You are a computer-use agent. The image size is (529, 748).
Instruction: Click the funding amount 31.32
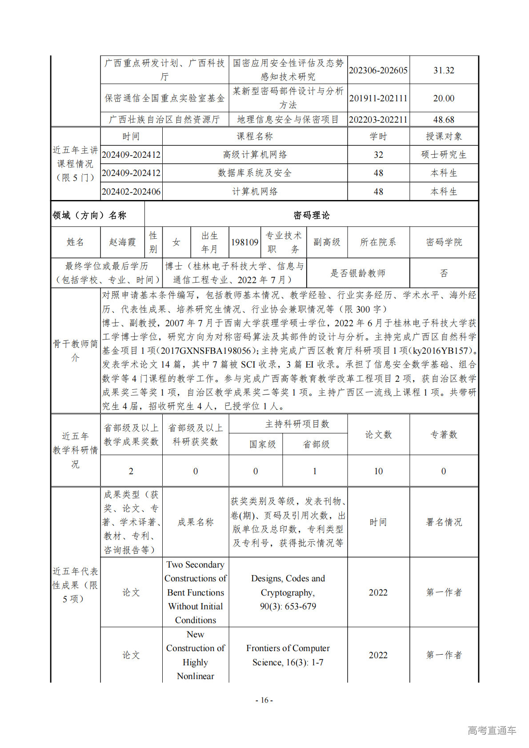(444, 70)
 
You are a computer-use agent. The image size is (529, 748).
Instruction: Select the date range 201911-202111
(378, 98)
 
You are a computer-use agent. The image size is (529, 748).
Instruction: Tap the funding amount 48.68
(444, 120)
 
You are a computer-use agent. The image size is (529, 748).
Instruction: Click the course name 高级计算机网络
(255, 155)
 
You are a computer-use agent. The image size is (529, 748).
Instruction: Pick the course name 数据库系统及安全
(255, 173)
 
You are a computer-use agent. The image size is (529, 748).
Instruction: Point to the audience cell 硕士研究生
(444, 155)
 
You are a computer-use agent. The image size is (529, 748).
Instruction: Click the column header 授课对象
(444, 136)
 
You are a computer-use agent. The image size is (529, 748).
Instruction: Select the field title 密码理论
(312, 215)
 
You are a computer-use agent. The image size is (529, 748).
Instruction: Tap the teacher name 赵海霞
(122, 242)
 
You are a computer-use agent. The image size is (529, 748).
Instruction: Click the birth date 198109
(244, 242)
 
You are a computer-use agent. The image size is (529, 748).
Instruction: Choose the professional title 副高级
(327, 242)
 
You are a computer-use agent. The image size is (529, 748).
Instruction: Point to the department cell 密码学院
(444, 242)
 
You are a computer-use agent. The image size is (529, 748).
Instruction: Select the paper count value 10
(378, 471)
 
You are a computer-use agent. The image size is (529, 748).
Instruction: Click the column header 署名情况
(444, 522)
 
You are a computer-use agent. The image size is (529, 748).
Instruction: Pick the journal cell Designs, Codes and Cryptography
(288, 585)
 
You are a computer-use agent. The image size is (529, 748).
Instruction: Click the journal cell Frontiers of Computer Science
(288, 655)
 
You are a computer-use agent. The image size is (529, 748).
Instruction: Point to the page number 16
(264, 700)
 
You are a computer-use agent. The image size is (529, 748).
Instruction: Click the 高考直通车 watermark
(492, 730)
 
